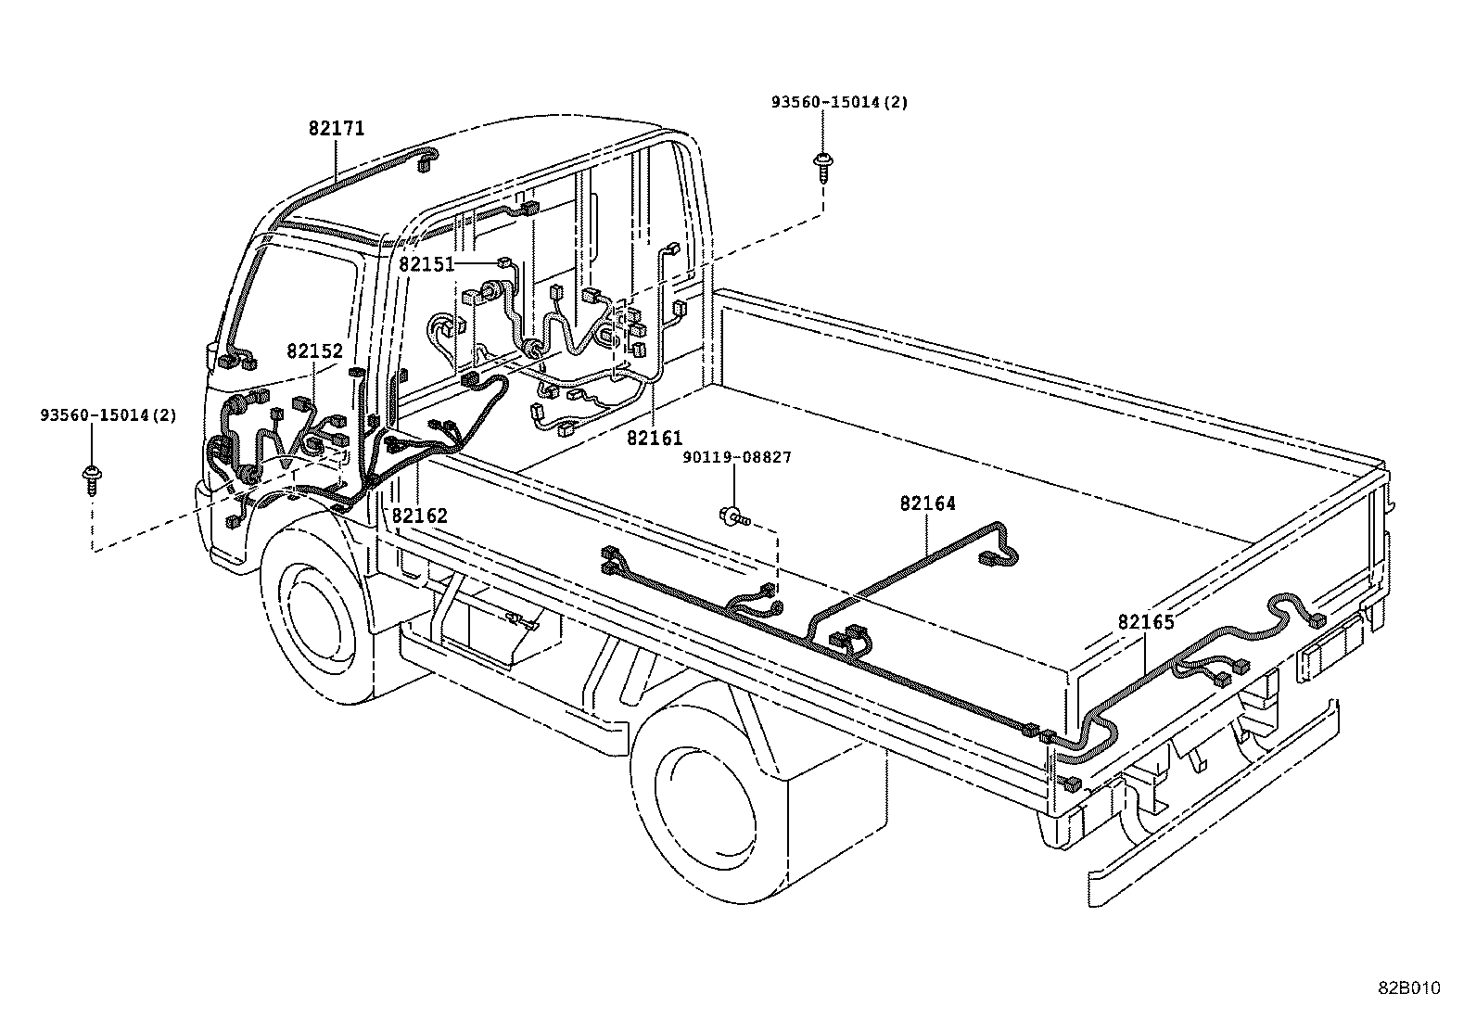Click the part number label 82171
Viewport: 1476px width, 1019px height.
coord(337,129)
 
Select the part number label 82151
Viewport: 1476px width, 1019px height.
coord(426,264)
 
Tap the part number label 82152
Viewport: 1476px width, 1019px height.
coord(314,351)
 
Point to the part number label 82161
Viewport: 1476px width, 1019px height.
coord(654,438)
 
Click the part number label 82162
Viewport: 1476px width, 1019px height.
coord(419,516)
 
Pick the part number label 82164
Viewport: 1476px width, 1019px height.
coord(927,503)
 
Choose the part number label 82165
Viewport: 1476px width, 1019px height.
coord(1146,622)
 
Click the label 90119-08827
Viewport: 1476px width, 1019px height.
coord(737,457)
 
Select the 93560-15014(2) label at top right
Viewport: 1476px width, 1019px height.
coord(839,102)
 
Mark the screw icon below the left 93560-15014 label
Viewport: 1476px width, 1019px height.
coord(92,478)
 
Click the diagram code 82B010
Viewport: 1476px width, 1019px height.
coord(1408,988)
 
